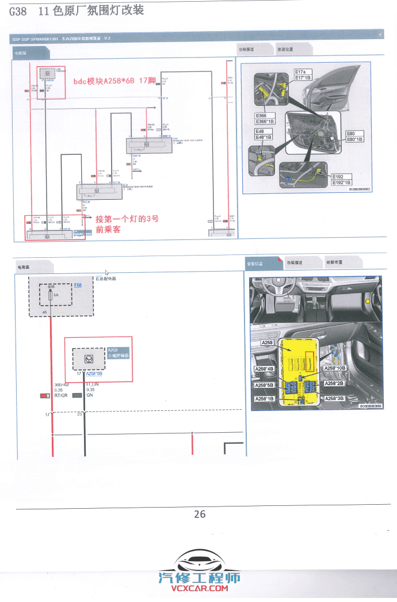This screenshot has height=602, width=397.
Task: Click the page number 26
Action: point(200,514)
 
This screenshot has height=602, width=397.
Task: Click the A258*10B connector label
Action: point(335,368)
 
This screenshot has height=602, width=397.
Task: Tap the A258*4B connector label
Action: point(264,369)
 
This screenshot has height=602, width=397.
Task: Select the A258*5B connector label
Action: point(264,385)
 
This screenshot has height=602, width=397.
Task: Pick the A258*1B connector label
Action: point(264,398)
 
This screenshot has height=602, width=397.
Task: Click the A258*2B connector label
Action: point(334,383)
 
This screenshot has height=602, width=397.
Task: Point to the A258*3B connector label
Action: point(334,398)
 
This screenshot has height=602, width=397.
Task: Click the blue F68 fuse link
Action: point(78,285)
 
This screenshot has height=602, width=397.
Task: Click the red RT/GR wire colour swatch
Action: point(45,395)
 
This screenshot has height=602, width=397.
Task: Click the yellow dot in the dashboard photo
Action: point(367,300)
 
